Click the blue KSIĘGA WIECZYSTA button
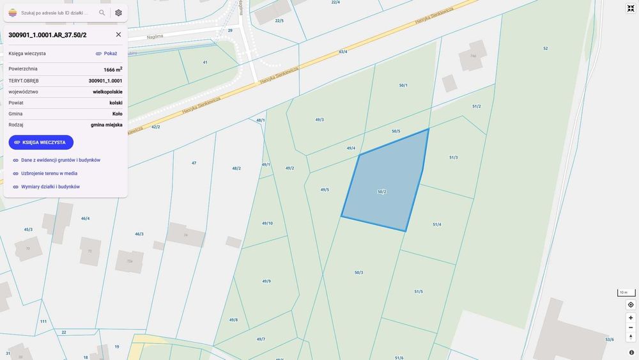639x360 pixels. coord(41,142)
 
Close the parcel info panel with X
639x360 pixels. coord(118,35)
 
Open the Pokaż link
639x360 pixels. coord(106,54)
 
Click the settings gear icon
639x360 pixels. coord(118,13)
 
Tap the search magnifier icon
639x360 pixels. coord(102,13)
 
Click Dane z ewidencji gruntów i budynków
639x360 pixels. coord(60,160)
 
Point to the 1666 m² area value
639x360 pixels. coord(112,69)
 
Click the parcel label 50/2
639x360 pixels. coord(382,192)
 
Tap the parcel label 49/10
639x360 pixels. coord(267,223)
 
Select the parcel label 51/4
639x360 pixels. coord(437,224)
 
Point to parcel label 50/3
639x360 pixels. coord(359,273)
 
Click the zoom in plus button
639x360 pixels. coord(631,318)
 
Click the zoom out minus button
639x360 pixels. coord(631,327)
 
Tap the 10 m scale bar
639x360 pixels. coord(626,292)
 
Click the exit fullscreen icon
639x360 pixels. coord(631,8)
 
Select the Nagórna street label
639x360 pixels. coord(155,37)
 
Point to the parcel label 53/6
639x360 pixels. coord(610,340)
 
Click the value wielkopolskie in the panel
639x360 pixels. coord(107,91)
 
